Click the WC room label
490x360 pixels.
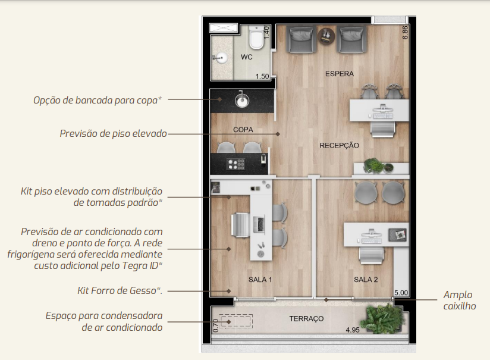point(247,57)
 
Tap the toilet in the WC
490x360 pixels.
point(256,37)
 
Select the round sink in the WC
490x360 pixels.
point(222,58)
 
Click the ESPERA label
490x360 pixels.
point(340,74)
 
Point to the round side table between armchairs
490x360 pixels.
point(326,36)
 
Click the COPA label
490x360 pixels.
point(243,130)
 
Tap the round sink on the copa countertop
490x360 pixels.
point(242,101)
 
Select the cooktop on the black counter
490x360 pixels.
point(236,164)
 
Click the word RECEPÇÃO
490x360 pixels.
point(339,145)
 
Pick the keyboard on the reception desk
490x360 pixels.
point(383,117)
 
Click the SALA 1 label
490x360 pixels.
point(260,280)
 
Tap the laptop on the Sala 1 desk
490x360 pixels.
point(260,224)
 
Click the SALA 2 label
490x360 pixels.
point(366,280)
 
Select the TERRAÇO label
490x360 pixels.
point(306,319)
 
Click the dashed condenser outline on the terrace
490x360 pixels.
point(236,321)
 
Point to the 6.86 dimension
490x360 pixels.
point(405,33)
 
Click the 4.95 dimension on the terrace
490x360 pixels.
point(353,330)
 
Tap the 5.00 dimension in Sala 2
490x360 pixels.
point(401,293)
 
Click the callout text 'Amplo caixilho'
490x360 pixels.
point(459,300)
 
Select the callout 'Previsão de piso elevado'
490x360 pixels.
point(113,133)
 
